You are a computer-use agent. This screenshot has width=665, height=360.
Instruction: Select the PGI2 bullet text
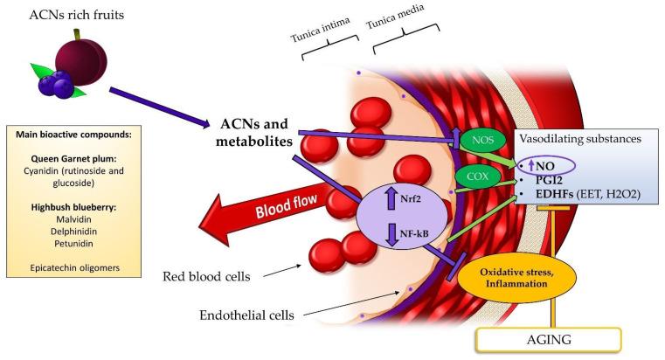[x=551, y=181]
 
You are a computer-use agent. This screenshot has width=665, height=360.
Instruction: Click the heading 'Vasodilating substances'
[x=582, y=139]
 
